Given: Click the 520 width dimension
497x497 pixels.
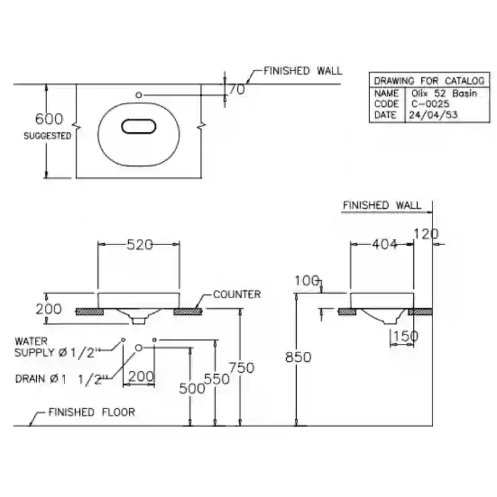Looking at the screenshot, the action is coord(140,244).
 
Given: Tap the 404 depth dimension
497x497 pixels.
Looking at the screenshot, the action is coord(384,244).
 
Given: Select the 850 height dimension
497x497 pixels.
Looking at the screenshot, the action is coord(298,357).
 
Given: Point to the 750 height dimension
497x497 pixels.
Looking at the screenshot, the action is coord(242,367).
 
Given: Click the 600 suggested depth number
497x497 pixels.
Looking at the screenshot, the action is coord(49,119).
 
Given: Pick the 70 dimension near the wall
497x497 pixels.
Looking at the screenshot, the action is coord(237,89).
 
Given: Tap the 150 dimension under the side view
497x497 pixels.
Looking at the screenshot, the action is coord(406,336).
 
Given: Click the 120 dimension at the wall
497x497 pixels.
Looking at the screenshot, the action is coord(426,234).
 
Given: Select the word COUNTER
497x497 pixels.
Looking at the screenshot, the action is coord(237,294).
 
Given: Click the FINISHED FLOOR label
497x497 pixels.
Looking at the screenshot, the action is coord(91,412).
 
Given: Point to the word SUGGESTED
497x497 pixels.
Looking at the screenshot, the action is coord(48,136).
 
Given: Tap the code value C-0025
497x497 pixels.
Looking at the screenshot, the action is coord(431,104).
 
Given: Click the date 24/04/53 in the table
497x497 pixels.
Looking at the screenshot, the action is coord(433,115).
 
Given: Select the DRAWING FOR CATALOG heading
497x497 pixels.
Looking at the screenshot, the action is coord(429,81).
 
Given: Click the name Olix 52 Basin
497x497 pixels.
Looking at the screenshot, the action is coord(444,93).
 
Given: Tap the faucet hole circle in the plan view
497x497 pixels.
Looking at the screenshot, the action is coord(138,95).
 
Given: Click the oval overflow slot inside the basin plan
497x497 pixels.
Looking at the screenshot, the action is coord(138,126).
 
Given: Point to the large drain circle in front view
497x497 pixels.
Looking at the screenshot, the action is coord(138,348).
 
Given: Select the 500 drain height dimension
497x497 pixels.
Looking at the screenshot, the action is coord(192,388).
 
